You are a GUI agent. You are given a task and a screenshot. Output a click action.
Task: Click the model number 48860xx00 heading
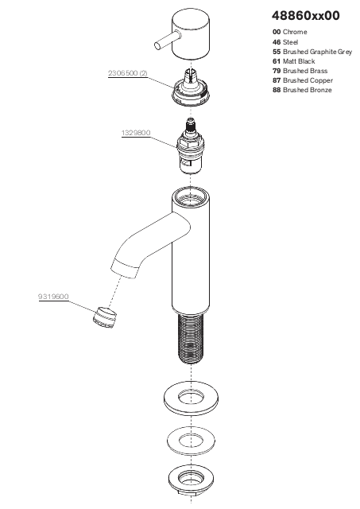[x=306, y=16]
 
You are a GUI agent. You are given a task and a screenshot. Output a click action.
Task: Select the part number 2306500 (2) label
[x=127, y=73]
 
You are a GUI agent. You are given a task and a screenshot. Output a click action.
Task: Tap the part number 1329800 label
[x=136, y=133]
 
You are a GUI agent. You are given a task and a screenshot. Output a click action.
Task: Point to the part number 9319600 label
[x=53, y=297]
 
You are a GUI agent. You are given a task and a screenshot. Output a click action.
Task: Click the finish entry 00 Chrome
[x=289, y=32]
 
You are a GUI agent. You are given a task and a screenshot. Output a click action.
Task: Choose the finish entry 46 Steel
[x=285, y=42]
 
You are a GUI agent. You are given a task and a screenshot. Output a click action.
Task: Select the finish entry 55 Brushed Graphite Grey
[x=312, y=52]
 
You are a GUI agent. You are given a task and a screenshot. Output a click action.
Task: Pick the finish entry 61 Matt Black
[x=293, y=61]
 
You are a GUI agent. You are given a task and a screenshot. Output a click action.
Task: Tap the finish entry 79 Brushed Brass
[x=300, y=71]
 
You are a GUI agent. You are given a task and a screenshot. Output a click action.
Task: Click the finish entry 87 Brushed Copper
[x=303, y=80]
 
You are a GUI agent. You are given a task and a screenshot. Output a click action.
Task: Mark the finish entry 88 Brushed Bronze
[x=302, y=90]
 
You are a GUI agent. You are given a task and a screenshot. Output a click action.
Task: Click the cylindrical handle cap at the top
[x=190, y=35]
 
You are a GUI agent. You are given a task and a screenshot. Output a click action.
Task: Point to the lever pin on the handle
[x=165, y=41]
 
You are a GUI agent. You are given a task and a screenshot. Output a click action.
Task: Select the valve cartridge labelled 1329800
[x=190, y=146]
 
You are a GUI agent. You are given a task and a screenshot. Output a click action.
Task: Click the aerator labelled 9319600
[x=104, y=317]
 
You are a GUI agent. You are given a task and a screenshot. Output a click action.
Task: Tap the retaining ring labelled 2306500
[x=191, y=87]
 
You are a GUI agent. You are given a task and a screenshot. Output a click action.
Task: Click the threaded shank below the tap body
[x=191, y=339]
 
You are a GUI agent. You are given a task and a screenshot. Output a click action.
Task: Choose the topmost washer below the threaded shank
[x=191, y=398]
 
